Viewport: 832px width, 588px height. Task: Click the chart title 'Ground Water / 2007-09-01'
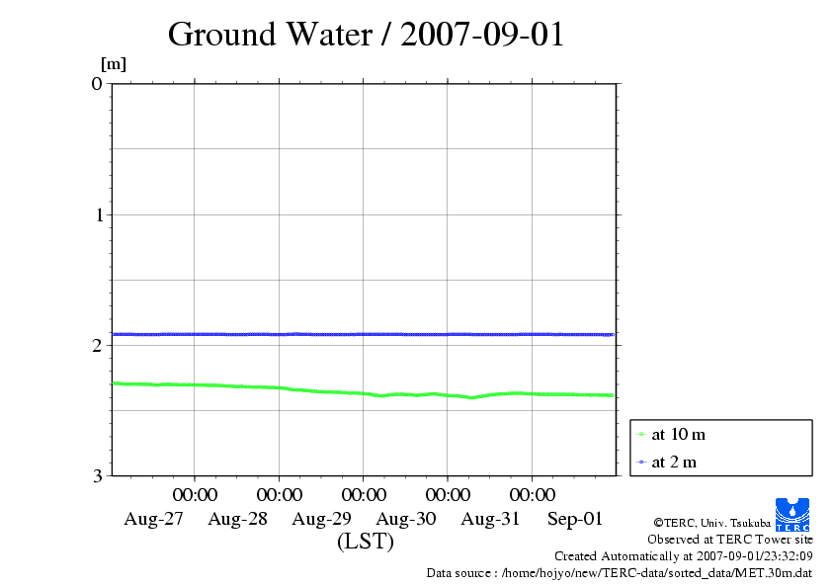[366, 35]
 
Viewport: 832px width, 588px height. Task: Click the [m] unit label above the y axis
[114, 65]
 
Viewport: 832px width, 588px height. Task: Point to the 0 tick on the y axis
[97, 83]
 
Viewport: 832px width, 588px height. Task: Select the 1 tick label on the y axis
[97, 214]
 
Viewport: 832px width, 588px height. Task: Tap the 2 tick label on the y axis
[97, 345]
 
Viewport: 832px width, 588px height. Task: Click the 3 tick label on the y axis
[97, 475]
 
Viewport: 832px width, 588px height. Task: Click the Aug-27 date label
[153, 519]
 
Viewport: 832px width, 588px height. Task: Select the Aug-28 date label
[238, 519]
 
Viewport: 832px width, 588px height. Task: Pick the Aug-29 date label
[322, 519]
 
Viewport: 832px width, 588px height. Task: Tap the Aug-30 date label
[407, 519]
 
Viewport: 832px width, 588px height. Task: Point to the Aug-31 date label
[491, 519]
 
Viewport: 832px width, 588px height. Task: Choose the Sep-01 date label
[576, 519]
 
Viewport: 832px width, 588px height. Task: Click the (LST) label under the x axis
[366, 542]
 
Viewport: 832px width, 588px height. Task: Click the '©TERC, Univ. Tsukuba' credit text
[711, 522]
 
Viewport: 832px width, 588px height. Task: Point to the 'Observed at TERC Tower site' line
[730, 539]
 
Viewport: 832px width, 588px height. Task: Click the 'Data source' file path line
[620, 572]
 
